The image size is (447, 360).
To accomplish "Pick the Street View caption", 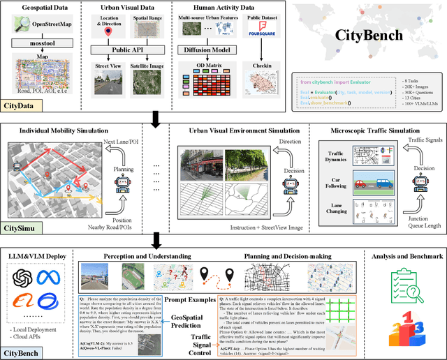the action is click(x=107, y=66).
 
